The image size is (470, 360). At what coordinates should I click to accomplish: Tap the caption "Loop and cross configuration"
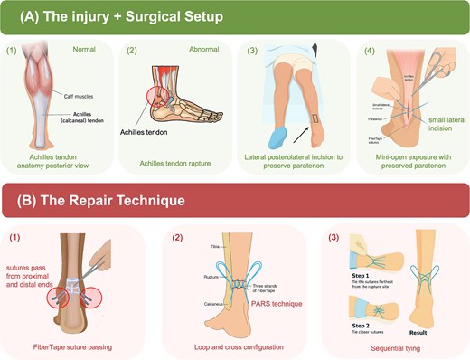tap(234, 347)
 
